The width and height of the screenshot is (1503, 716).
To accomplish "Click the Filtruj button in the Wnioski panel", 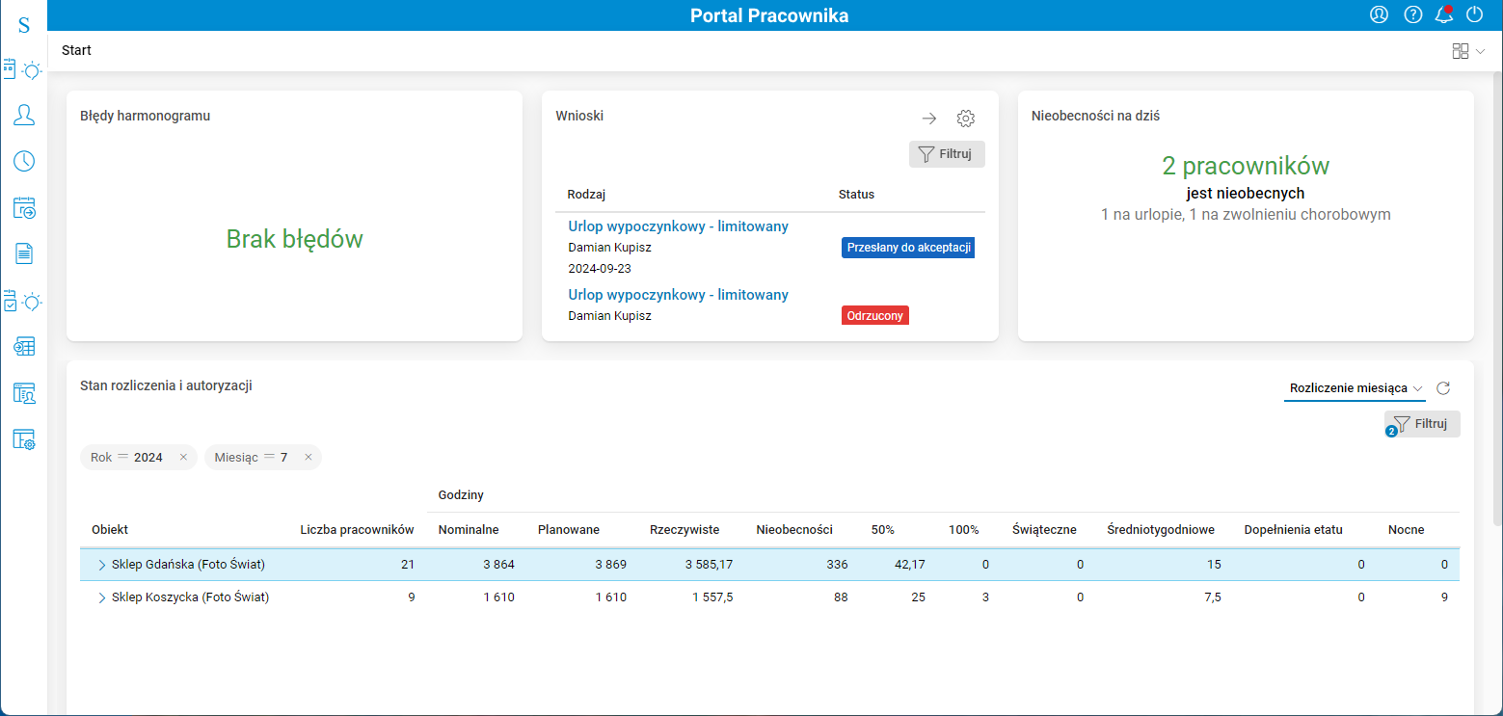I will (947, 154).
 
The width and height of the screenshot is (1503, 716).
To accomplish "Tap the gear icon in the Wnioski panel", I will (965, 119).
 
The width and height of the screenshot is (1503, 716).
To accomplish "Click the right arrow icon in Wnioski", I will (928, 119).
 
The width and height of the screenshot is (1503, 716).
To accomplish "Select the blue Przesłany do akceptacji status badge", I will (908, 248).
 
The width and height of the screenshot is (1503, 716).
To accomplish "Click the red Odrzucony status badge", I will (875, 315).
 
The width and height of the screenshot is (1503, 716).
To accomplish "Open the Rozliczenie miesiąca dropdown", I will (1355, 388).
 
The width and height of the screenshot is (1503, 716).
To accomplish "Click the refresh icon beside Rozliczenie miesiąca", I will (1443, 388).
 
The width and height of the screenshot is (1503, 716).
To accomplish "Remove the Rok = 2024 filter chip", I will (183, 457).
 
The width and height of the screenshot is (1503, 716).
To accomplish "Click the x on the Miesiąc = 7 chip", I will (309, 457).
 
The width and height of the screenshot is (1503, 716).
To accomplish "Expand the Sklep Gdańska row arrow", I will (102, 565).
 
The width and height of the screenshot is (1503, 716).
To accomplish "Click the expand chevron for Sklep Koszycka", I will (102, 597).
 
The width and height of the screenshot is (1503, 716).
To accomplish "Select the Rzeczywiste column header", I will (684, 529).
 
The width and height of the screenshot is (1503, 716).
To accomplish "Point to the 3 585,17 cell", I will (709, 565).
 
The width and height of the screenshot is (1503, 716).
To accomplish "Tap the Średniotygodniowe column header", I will (1161, 529).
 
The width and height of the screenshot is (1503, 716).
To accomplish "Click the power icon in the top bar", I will (1474, 14).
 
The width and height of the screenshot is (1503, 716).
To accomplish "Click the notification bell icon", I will (1443, 14).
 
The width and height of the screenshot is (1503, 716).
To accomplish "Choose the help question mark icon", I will (1412, 14).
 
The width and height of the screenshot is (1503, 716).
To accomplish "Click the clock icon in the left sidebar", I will (24, 161).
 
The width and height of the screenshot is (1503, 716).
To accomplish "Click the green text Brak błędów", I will (294, 239).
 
